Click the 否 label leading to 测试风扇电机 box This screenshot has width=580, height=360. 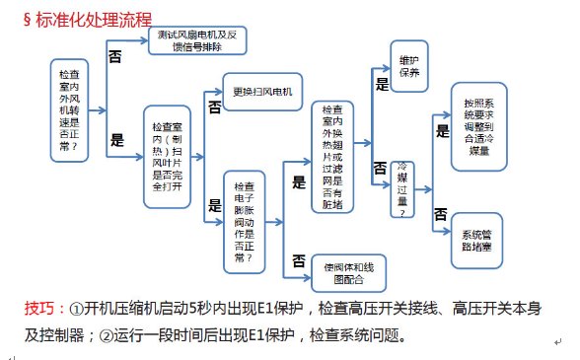pos(115,58)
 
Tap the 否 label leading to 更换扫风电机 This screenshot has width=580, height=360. pos(214,106)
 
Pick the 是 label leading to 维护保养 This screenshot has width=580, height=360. pos(382,84)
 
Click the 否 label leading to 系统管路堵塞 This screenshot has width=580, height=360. pos(441,214)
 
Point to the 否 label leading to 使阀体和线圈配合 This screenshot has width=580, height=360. pos(298,260)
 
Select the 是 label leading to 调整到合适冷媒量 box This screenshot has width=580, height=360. pos(443,129)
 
